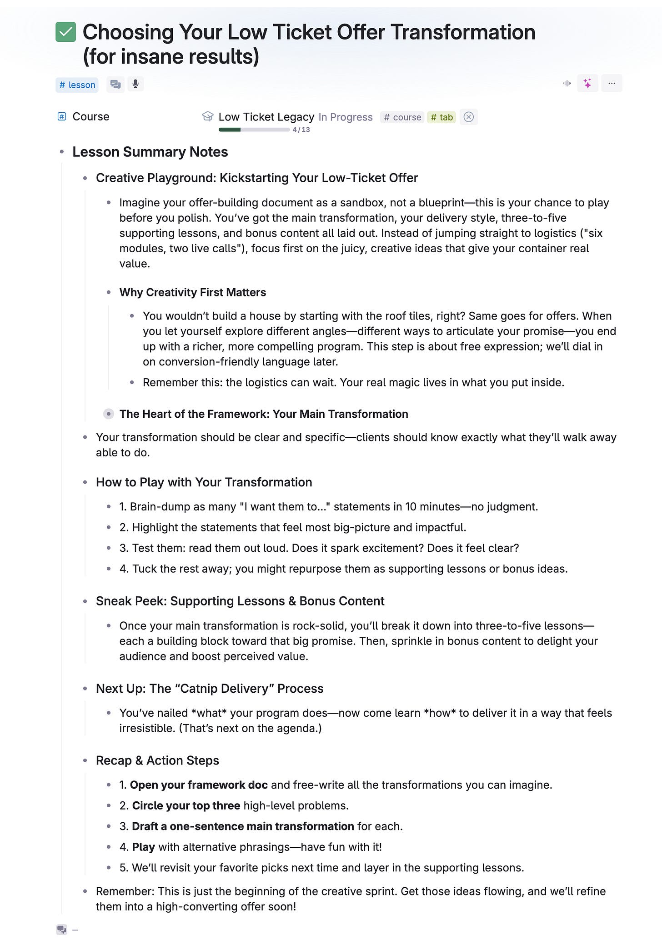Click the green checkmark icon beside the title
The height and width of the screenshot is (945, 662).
tap(65, 32)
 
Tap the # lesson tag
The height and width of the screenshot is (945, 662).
tap(77, 85)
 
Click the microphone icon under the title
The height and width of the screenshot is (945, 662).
tap(135, 84)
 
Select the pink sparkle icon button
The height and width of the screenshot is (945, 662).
tap(587, 83)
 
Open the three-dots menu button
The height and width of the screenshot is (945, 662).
tap(612, 83)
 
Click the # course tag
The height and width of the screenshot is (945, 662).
tap(402, 117)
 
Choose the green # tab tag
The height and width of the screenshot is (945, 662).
tap(441, 117)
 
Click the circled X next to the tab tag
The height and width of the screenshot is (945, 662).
tap(468, 117)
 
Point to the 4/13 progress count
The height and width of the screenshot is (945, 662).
tap(301, 130)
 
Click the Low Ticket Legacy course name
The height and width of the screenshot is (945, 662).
tap(266, 117)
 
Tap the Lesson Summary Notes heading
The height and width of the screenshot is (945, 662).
tap(150, 152)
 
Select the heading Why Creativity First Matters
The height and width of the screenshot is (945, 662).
tap(192, 292)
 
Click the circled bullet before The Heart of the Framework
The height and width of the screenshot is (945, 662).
tap(108, 414)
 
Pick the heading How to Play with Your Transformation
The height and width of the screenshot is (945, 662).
tap(204, 482)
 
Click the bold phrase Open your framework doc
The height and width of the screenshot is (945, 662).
tap(199, 785)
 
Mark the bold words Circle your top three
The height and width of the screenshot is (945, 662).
tap(186, 805)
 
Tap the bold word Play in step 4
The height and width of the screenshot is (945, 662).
tap(143, 847)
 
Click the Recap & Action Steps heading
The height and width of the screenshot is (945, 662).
tap(157, 760)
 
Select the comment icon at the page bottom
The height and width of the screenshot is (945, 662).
tap(61, 930)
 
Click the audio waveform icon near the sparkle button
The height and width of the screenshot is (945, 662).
tap(567, 83)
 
